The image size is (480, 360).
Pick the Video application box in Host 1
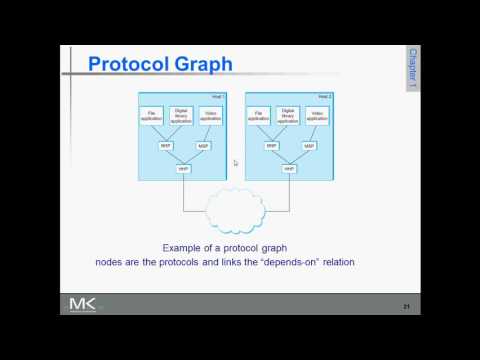[x=210, y=115]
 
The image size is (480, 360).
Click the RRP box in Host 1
[x=166, y=146]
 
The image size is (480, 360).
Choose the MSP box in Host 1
[x=203, y=146]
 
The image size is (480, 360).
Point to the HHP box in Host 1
[x=184, y=169]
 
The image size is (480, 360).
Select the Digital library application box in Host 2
[x=288, y=115]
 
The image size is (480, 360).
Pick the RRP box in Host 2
[x=271, y=146]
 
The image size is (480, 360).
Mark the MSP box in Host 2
[x=308, y=146]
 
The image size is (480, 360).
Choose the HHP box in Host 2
[x=289, y=169]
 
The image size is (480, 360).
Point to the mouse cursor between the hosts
[x=236, y=163]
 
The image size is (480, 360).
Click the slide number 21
[x=406, y=305]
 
